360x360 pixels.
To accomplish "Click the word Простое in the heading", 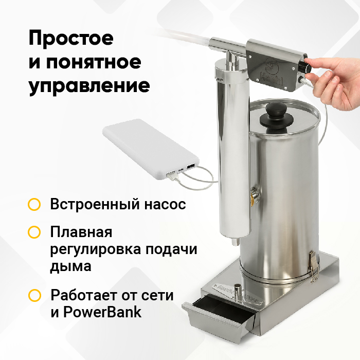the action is [71, 39].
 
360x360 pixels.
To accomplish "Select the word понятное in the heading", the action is [94, 62].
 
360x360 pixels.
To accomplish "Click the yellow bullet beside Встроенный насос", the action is [34, 204].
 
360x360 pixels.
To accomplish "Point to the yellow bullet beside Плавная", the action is [34, 232].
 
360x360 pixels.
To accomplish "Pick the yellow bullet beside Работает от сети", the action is [34, 295].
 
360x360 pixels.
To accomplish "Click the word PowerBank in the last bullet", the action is [102, 312].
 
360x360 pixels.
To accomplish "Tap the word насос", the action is [165, 204].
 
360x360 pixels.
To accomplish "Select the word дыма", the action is [71, 267].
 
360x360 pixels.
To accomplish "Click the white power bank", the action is [151, 149].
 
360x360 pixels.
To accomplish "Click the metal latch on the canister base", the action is [314, 266].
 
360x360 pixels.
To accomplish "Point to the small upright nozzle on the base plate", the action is [237, 291].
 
